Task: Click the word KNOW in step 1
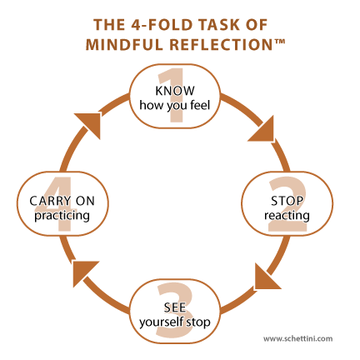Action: pos(175,91)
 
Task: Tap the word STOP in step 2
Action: pos(287,201)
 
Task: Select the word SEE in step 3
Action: pos(175,307)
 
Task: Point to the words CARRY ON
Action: pos(62,201)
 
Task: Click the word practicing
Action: pos(62,216)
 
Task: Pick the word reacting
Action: pos(287,216)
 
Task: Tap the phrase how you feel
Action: pos(175,106)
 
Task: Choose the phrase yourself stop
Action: pos(175,322)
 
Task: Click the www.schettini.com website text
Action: pos(297,338)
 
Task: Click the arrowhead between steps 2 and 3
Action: pos(265,278)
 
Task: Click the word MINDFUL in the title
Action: pos(124,44)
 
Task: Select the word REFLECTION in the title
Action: pos(221,44)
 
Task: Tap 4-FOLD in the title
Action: pos(162,25)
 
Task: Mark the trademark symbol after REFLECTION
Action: pos(279,41)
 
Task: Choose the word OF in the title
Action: pos(257,25)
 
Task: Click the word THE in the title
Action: pos(109,25)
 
